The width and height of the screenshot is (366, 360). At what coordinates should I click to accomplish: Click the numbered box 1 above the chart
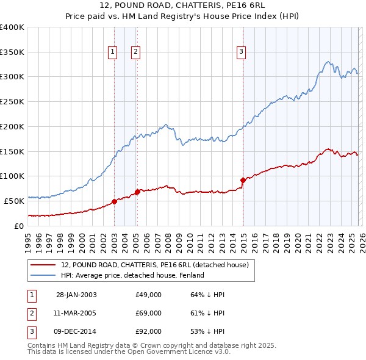(x=113, y=52)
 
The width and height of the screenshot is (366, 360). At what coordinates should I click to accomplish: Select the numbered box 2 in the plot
(x=135, y=52)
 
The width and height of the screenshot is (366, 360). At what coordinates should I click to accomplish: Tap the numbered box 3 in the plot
(x=242, y=52)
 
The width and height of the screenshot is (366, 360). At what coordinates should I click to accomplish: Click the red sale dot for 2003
(x=114, y=201)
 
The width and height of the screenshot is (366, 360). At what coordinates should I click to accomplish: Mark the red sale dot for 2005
(x=137, y=192)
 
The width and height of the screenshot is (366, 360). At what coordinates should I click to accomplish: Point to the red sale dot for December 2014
(x=243, y=180)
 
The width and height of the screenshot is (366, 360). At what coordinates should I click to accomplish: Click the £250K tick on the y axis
(x=12, y=102)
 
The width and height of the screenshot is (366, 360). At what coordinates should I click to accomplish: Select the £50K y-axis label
(x=14, y=201)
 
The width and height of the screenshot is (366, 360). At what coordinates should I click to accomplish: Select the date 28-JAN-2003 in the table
(x=76, y=295)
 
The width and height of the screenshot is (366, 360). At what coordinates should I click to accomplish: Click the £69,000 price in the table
(x=148, y=313)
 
